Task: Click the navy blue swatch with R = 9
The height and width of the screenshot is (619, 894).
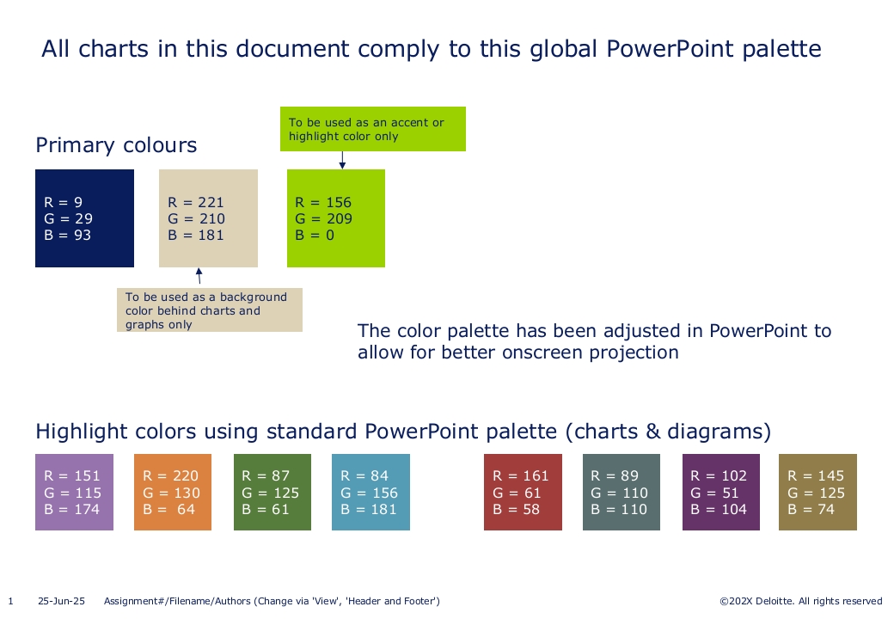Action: click(84, 218)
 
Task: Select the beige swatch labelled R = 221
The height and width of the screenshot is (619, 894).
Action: click(208, 218)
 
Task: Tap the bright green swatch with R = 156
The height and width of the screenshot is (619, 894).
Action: click(336, 218)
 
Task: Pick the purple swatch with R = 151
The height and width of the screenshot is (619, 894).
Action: click(74, 493)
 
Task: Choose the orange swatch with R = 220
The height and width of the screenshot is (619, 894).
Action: click(173, 493)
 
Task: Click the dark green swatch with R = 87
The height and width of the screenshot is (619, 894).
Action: click(272, 493)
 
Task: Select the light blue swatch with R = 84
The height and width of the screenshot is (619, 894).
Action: click(370, 493)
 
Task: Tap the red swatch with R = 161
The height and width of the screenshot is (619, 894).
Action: click(523, 493)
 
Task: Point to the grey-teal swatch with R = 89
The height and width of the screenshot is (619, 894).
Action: click(622, 493)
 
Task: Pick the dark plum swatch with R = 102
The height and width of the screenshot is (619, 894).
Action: click(721, 493)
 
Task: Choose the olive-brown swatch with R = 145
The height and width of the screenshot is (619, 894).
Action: click(817, 493)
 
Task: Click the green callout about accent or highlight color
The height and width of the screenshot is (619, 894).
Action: click(373, 129)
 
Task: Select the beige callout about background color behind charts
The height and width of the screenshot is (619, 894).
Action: click(210, 310)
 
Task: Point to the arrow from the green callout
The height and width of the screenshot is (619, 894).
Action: click(342, 160)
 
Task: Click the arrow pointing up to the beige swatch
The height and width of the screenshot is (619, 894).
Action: click(199, 276)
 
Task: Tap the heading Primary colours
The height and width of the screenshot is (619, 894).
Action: click(116, 145)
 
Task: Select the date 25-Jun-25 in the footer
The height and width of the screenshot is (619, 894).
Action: click(61, 601)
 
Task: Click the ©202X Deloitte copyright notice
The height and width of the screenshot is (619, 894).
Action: click(801, 601)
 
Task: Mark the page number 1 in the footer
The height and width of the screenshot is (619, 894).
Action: click(10, 601)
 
